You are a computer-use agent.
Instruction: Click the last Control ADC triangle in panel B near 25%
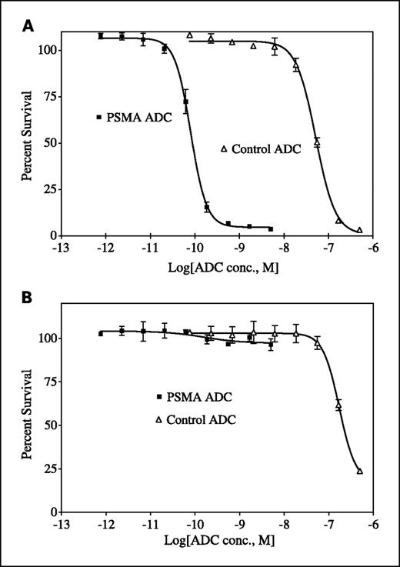(x=359, y=471)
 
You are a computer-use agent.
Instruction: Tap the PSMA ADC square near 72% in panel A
(x=185, y=102)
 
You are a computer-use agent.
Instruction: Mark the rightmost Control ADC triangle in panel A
(x=359, y=229)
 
